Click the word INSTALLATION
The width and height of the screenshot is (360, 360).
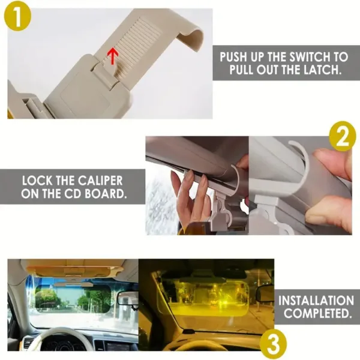tap(316, 301)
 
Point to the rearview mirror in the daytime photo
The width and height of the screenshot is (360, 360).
tap(128, 298)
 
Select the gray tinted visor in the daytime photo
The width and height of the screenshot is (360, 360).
tap(72, 298)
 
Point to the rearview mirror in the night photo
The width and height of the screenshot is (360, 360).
tap(265, 293)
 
